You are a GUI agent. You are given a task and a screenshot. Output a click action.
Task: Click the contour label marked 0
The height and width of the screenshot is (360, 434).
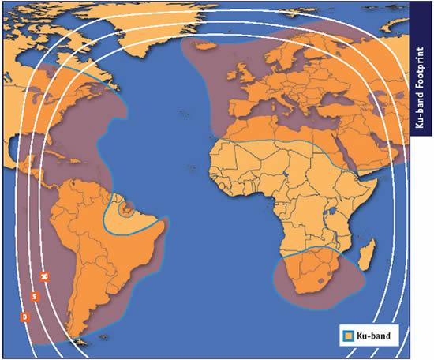point(25,317)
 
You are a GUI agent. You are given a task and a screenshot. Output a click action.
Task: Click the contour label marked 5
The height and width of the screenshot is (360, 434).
point(35,296)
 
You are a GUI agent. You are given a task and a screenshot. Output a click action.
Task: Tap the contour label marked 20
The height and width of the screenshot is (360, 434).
point(45,276)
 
